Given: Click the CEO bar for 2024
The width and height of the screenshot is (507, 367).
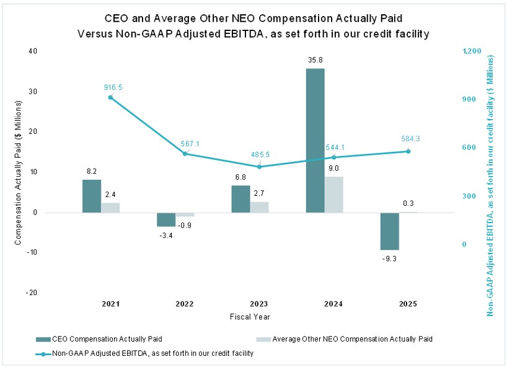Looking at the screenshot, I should pos(315,140).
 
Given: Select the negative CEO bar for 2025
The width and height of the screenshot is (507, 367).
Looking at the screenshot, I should pos(389,231).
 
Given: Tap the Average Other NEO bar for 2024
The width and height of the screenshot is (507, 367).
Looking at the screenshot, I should pos(333,194).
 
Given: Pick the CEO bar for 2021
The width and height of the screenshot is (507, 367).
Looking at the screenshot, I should pos(92,196).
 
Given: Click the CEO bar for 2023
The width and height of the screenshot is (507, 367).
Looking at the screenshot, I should pos(240,198).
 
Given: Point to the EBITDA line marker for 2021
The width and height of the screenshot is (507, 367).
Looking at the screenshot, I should pos(110,97).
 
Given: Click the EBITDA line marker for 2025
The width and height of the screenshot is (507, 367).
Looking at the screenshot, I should pos(408,151).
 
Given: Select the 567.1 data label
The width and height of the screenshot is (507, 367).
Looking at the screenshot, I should pos(190,143).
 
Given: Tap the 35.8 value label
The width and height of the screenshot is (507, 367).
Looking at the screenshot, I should pos(315,60).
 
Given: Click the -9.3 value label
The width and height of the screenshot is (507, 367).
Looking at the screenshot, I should pos(389,259).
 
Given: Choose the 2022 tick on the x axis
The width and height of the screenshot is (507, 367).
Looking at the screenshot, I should pos(185,304).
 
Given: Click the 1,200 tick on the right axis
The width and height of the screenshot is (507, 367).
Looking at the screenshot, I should pos(472,51).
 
